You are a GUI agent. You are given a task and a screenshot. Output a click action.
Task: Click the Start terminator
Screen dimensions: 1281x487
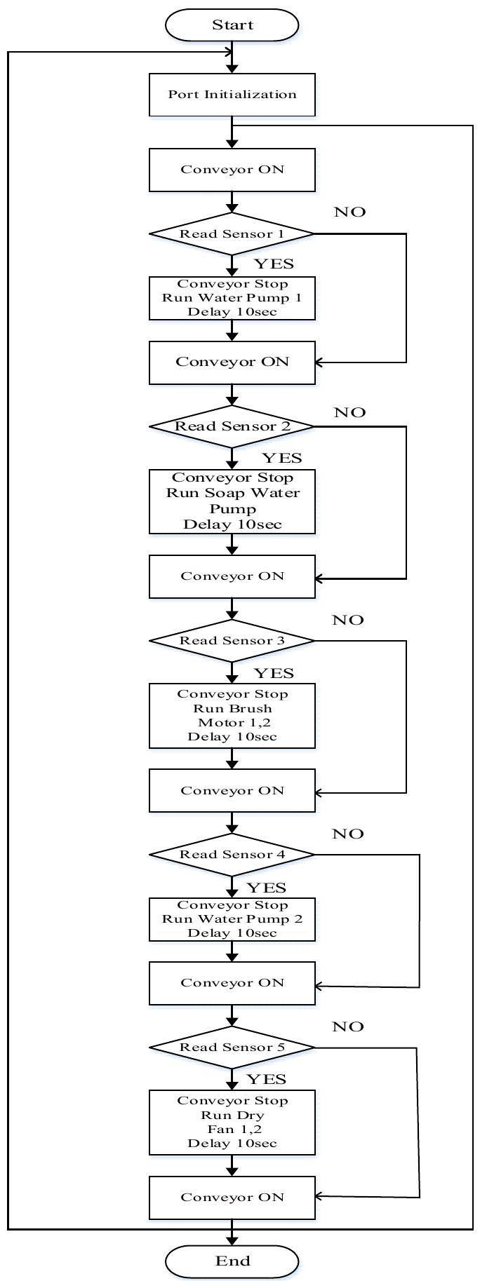point(232,25)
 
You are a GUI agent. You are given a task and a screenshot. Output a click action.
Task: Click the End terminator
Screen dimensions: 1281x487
point(232,1261)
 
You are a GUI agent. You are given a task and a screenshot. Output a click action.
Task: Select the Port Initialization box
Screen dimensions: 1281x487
point(232,95)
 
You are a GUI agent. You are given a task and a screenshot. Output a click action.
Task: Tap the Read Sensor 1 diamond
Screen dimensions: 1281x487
point(232,233)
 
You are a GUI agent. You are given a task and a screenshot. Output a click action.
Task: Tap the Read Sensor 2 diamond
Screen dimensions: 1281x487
point(232,426)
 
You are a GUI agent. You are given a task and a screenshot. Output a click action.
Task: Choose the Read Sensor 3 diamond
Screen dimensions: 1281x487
point(232,640)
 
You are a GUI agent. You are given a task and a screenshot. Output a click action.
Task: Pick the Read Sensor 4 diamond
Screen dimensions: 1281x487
point(232,854)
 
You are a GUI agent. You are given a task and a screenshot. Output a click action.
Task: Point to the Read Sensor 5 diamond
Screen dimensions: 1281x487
point(232,1047)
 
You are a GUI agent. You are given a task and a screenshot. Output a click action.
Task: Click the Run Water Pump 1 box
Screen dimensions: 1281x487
point(232,298)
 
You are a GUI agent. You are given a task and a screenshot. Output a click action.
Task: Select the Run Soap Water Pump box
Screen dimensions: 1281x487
point(232,501)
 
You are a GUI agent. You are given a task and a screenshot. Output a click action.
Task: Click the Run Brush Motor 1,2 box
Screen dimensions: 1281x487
point(232,715)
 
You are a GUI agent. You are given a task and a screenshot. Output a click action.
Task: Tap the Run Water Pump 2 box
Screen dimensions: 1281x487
point(232,919)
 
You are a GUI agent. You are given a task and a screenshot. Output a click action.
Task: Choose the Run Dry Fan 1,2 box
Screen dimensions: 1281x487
point(232,1122)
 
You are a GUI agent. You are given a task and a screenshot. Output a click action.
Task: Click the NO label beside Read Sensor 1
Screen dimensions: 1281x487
point(349,212)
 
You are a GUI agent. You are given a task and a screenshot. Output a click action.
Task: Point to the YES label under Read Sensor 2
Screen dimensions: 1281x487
point(282,459)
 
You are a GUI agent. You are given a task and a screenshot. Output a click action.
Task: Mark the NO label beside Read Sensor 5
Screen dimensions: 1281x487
point(348,1026)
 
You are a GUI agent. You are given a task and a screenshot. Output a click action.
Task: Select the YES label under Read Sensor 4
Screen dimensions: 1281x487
point(267,888)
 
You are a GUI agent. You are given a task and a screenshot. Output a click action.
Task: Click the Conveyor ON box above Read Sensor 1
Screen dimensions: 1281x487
point(232,170)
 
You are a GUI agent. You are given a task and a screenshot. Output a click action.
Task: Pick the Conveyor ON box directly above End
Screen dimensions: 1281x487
point(232,1197)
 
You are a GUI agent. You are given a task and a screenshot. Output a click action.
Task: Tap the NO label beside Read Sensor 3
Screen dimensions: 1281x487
point(348,620)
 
